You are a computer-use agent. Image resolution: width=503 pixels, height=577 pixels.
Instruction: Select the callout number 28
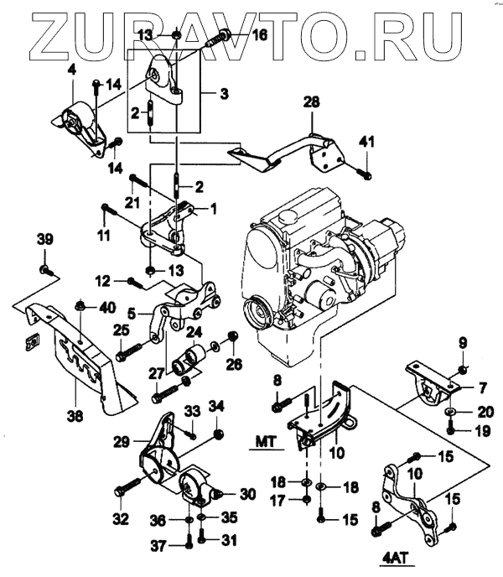[x=312, y=102]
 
